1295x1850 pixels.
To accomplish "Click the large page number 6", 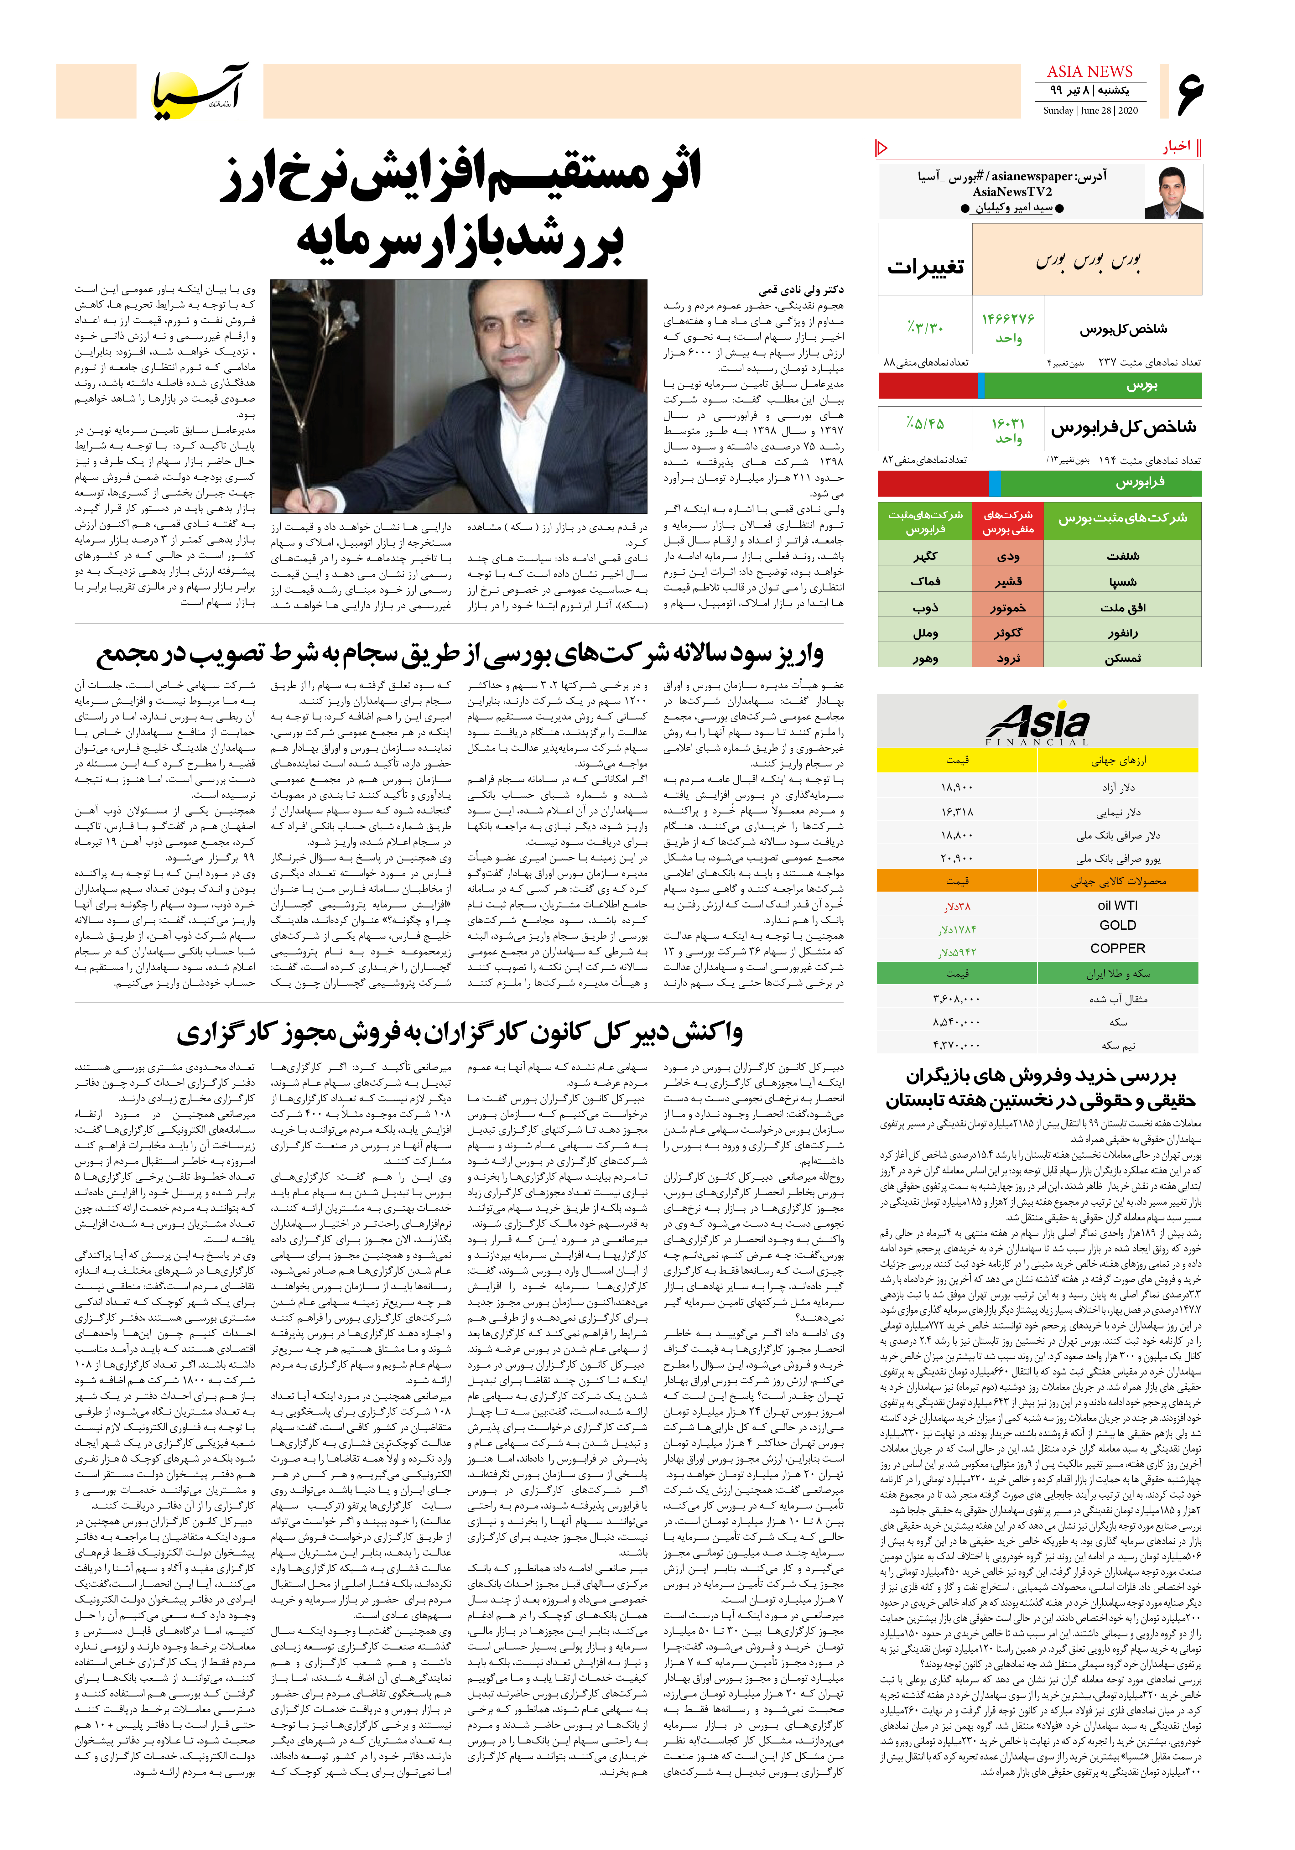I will [x=1189, y=91].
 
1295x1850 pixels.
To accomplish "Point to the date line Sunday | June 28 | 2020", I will [x=1090, y=110].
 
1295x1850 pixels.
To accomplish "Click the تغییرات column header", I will [x=925, y=267].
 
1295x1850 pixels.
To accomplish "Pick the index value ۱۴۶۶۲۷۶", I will [x=1007, y=319].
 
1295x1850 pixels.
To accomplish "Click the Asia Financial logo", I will [x=1038, y=724].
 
